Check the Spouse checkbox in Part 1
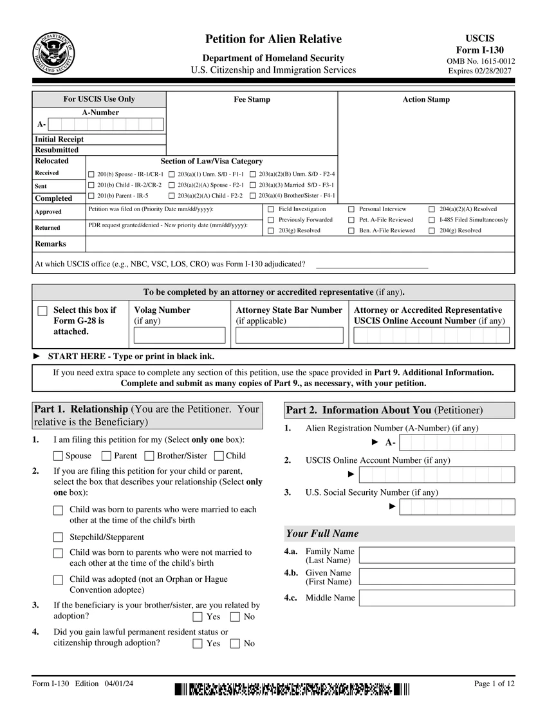pyautogui.click(x=58, y=456)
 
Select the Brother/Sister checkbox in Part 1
pyautogui.click(x=149, y=456)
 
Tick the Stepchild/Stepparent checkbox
pyautogui.click(x=58, y=537)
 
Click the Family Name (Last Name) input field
pyautogui.click(x=436, y=555)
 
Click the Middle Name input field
pyautogui.click(x=436, y=598)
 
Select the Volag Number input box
pyautogui.click(x=180, y=335)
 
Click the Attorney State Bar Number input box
pyautogui.click(x=289, y=335)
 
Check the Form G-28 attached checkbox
pyautogui.click(x=42, y=311)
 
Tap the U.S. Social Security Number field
pyautogui.click(x=457, y=507)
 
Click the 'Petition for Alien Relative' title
pyautogui.click(x=273, y=39)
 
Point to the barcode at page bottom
pyautogui.click(x=292, y=689)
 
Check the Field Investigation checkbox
pyautogui.click(x=271, y=209)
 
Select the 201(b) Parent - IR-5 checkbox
pyautogui.click(x=91, y=195)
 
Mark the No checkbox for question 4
pyautogui.click(x=235, y=643)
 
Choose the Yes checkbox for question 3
pyautogui.click(x=198, y=617)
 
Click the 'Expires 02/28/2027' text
pyautogui.click(x=480, y=71)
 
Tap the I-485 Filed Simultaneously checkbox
pyautogui.click(x=432, y=219)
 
